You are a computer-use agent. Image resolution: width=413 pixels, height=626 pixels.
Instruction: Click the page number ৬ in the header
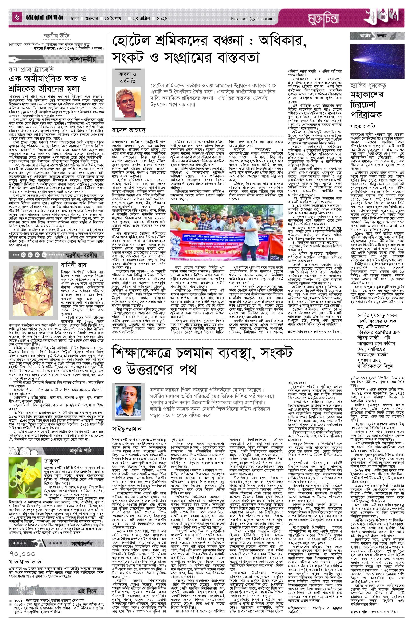(x=17, y=18)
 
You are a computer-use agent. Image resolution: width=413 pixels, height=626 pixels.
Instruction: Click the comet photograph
(x=377, y=61)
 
